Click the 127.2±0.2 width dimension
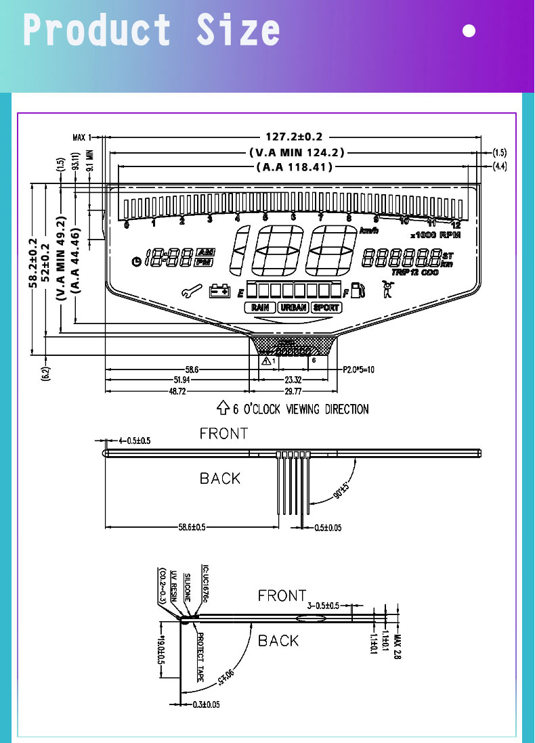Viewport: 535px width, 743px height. [293, 137]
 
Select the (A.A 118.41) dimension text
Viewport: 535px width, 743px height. [295, 166]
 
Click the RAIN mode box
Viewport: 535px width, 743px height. [260, 307]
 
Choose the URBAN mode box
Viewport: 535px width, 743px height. [293, 307]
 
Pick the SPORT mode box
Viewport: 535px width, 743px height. [326, 307]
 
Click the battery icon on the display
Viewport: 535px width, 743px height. [219, 291]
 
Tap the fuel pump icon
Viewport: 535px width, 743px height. [358, 290]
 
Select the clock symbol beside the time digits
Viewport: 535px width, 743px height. [137, 261]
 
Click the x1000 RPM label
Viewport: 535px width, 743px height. [435, 235]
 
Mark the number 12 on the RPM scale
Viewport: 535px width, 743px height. [456, 224]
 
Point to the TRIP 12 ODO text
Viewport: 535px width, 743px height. [414, 272]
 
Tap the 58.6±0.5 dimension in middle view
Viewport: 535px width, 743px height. [192, 526]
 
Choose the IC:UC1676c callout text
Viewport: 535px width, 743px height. [205, 583]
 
